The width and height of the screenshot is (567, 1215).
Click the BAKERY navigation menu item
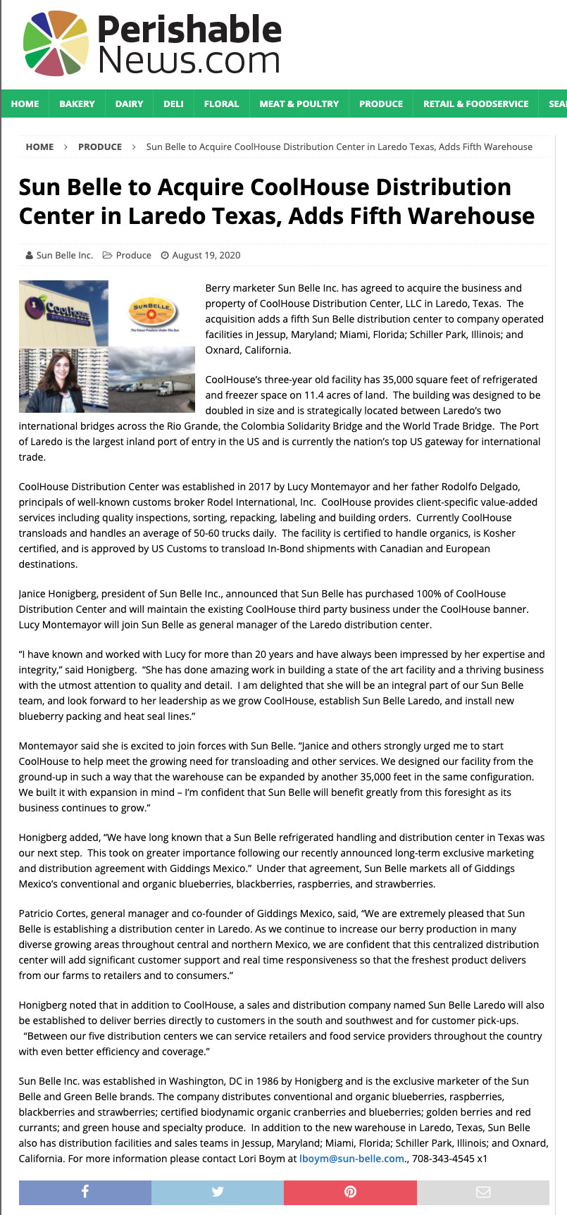tap(77, 104)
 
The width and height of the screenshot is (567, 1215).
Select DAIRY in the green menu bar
tap(129, 104)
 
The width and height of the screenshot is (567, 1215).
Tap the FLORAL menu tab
tap(221, 104)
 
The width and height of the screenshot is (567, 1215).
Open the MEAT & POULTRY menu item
tap(299, 104)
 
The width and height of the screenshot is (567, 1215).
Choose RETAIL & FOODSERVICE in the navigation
tap(475, 104)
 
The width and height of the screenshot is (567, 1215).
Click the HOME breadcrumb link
tap(39, 147)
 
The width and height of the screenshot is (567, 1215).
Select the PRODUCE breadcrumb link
tap(100, 147)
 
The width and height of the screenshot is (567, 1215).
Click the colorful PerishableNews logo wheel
tap(56, 43)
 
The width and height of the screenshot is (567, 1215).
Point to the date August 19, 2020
tap(206, 255)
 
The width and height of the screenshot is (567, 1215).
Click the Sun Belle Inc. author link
tap(64, 255)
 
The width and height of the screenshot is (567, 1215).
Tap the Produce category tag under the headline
tap(133, 255)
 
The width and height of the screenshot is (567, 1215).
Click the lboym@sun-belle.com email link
tap(352, 1158)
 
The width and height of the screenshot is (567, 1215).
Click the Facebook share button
tap(85, 1192)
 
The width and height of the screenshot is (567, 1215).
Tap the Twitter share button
tap(218, 1192)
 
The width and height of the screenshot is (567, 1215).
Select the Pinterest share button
tap(350, 1192)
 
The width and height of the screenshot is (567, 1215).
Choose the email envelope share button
tap(482, 1192)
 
